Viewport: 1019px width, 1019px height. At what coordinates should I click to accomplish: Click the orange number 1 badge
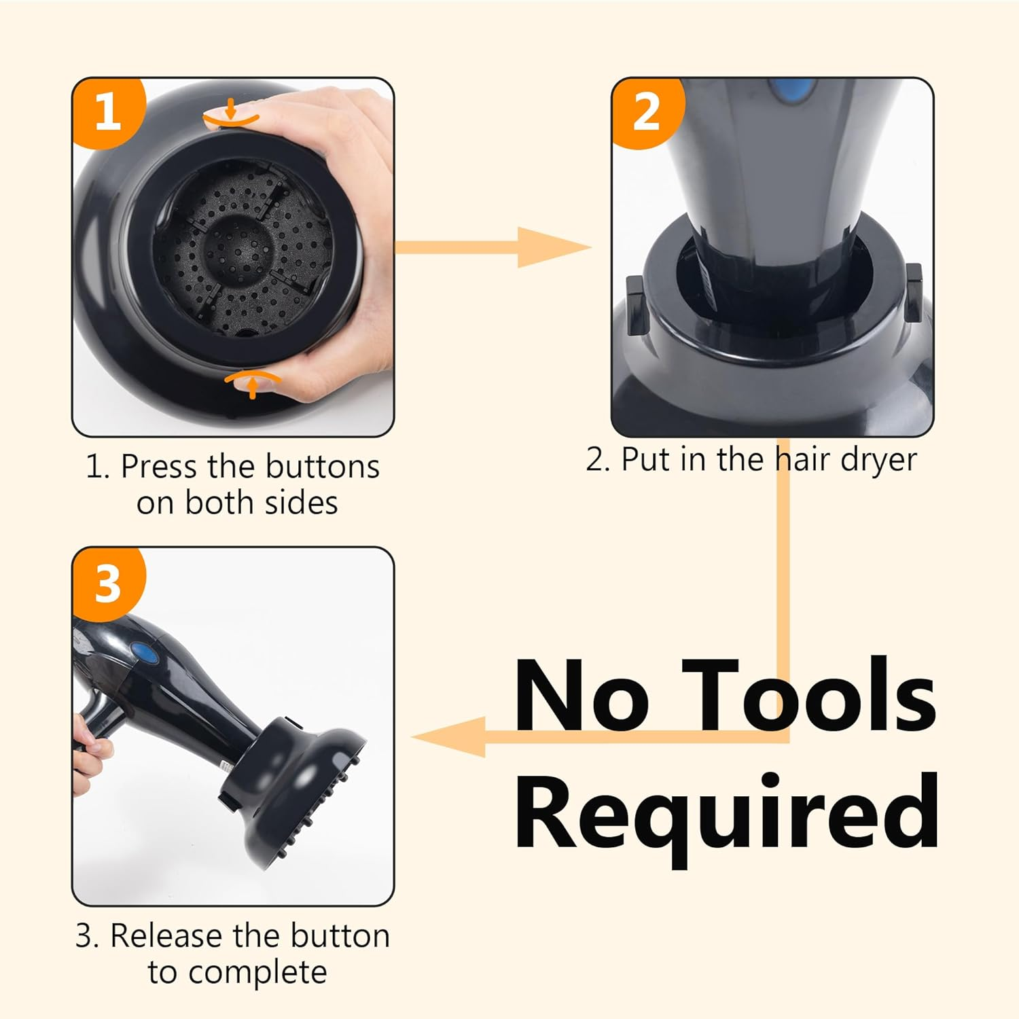(x=107, y=111)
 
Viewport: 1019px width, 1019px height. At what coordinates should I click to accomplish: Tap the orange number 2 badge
(x=646, y=111)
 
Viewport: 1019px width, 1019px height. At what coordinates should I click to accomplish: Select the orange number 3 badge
(x=107, y=583)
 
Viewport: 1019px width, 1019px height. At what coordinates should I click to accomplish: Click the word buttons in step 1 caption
(x=322, y=467)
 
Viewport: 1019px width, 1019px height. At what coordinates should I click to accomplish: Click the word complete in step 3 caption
(x=257, y=973)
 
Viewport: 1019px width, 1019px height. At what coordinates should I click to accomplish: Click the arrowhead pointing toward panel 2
(x=554, y=247)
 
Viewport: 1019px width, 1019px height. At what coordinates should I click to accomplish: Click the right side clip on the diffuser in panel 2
(x=914, y=293)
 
